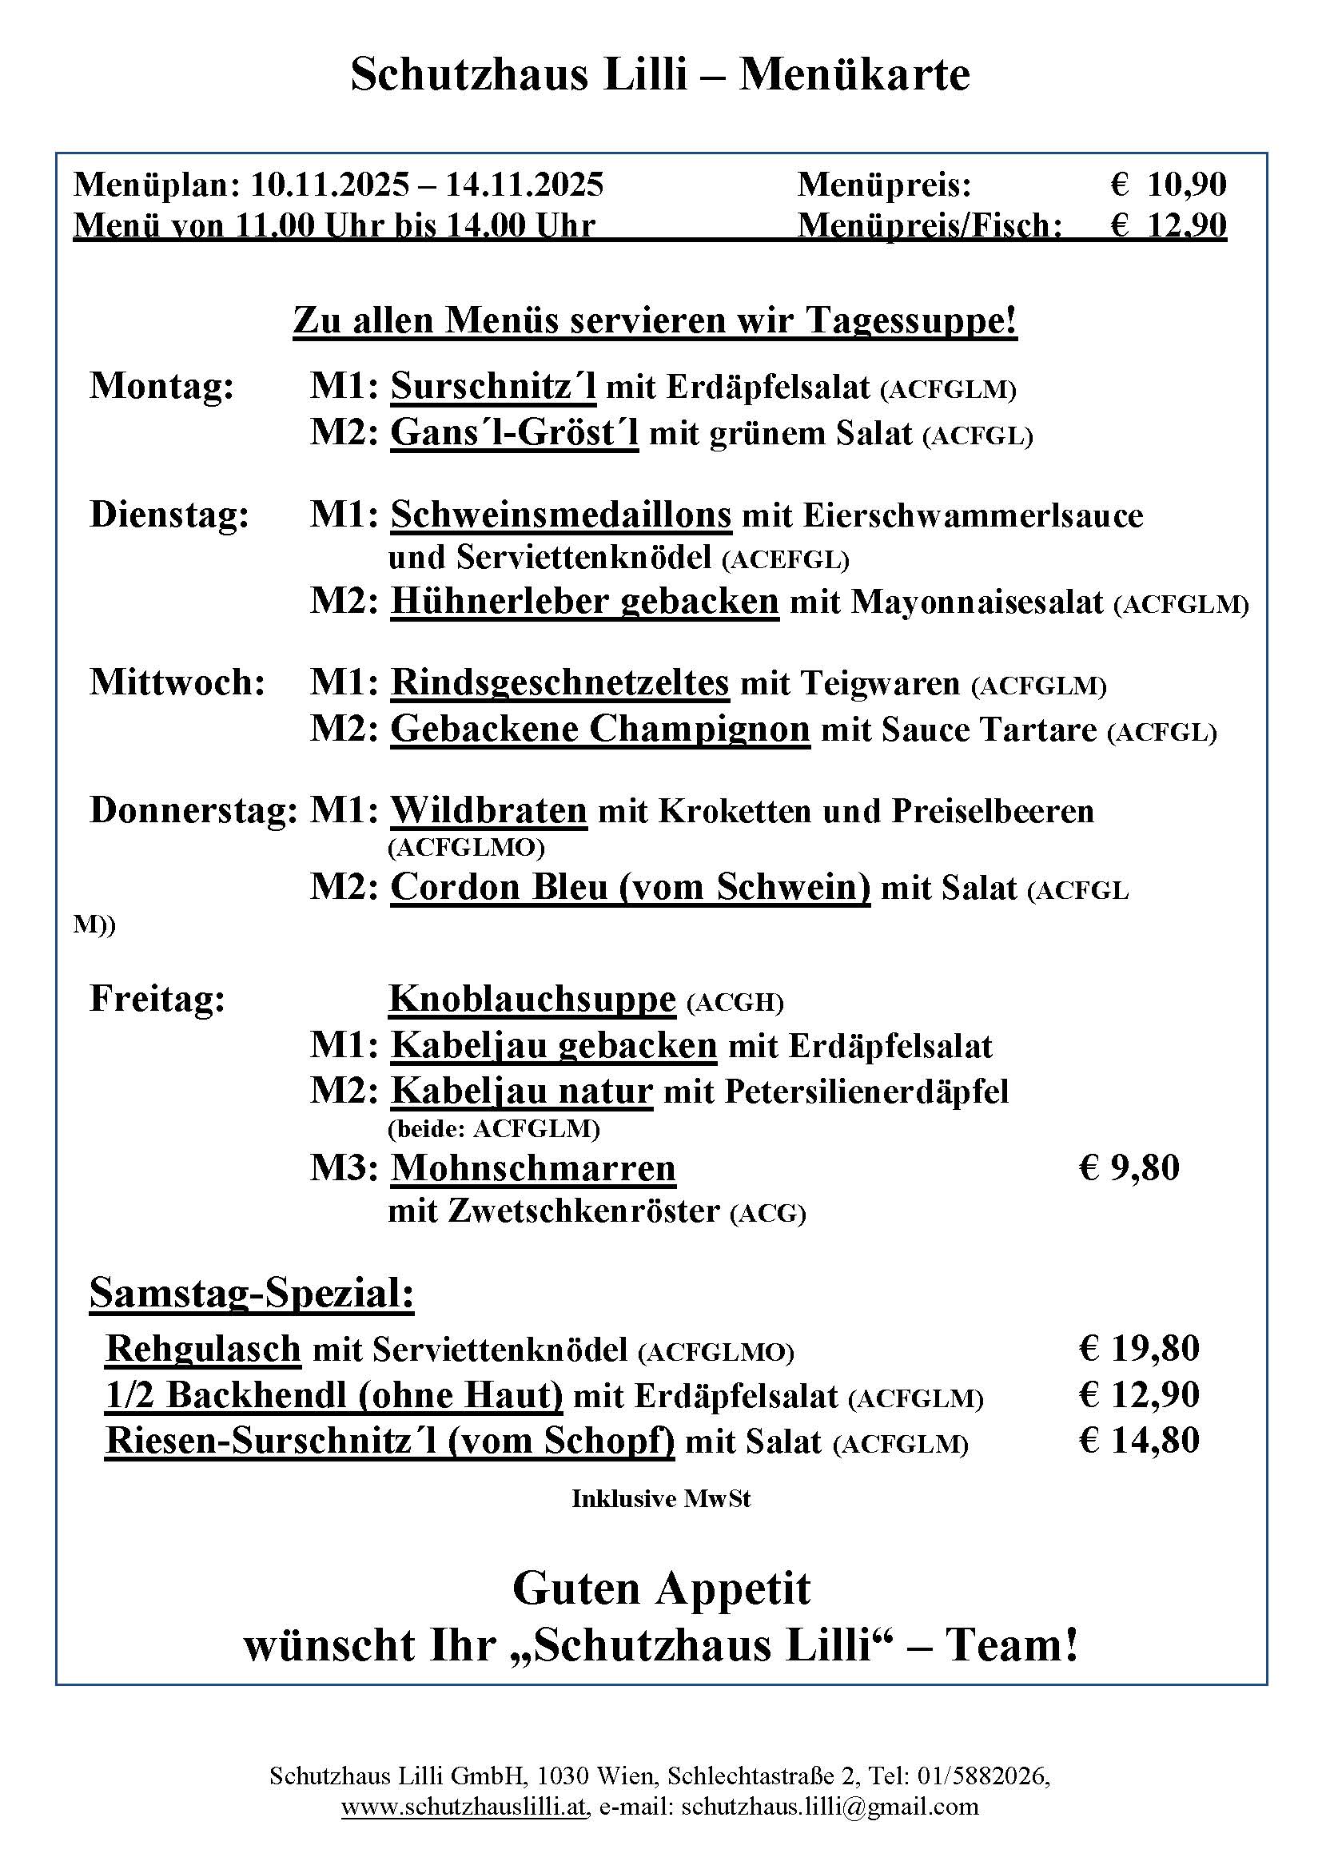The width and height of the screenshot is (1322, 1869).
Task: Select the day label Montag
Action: point(162,386)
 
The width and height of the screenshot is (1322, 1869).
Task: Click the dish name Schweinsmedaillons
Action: point(561,515)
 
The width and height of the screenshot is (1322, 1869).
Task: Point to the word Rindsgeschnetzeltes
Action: point(560,682)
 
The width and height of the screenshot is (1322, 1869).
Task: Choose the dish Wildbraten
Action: point(488,811)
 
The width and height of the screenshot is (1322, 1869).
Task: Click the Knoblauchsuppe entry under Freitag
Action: point(532,999)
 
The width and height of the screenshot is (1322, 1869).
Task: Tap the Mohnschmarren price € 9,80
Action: point(1129,1167)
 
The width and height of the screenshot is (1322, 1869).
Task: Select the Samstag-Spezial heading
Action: point(252,1293)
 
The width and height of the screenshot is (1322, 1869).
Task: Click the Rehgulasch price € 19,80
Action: point(1139,1348)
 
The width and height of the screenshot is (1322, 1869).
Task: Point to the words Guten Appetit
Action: point(661,1587)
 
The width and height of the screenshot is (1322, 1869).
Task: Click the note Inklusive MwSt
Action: point(661,1498)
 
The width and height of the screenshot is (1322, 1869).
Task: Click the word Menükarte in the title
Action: point(854,75)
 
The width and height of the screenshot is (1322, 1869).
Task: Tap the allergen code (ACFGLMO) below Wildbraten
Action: point(467,849)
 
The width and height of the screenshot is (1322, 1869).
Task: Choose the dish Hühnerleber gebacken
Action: point(584,602)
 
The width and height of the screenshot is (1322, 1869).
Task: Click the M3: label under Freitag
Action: point(344,1168)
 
